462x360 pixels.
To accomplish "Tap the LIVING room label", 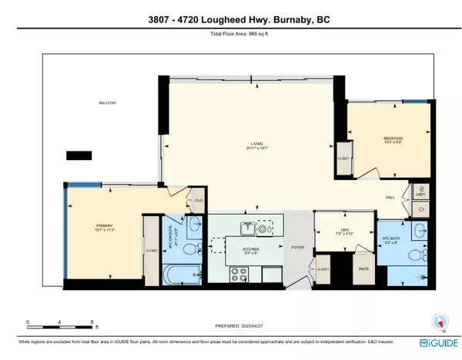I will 246,145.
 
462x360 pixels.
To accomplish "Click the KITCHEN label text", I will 251,250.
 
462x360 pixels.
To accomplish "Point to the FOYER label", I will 296,248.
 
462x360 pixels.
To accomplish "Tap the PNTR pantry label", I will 363,269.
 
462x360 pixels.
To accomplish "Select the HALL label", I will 390,198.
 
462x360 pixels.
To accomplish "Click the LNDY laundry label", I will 420,195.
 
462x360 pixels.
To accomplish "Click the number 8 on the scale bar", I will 92,323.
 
